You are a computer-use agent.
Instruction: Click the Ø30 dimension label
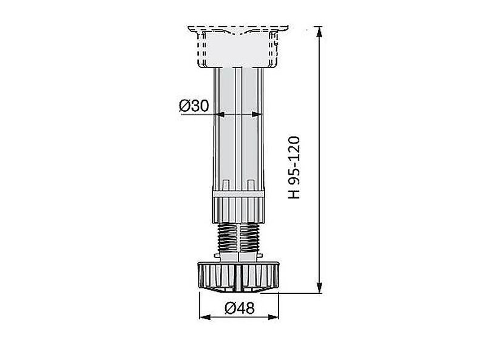194,106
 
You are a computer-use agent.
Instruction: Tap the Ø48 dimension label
239,308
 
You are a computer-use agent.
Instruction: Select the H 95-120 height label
294,167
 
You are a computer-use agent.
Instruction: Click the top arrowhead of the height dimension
319,32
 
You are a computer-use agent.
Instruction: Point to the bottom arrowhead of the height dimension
319,288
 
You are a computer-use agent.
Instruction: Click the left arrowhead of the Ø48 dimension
205,317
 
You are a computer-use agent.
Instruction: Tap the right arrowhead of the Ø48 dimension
273,317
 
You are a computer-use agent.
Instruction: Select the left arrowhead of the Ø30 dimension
220,114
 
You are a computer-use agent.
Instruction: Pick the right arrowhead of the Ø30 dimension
257,114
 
